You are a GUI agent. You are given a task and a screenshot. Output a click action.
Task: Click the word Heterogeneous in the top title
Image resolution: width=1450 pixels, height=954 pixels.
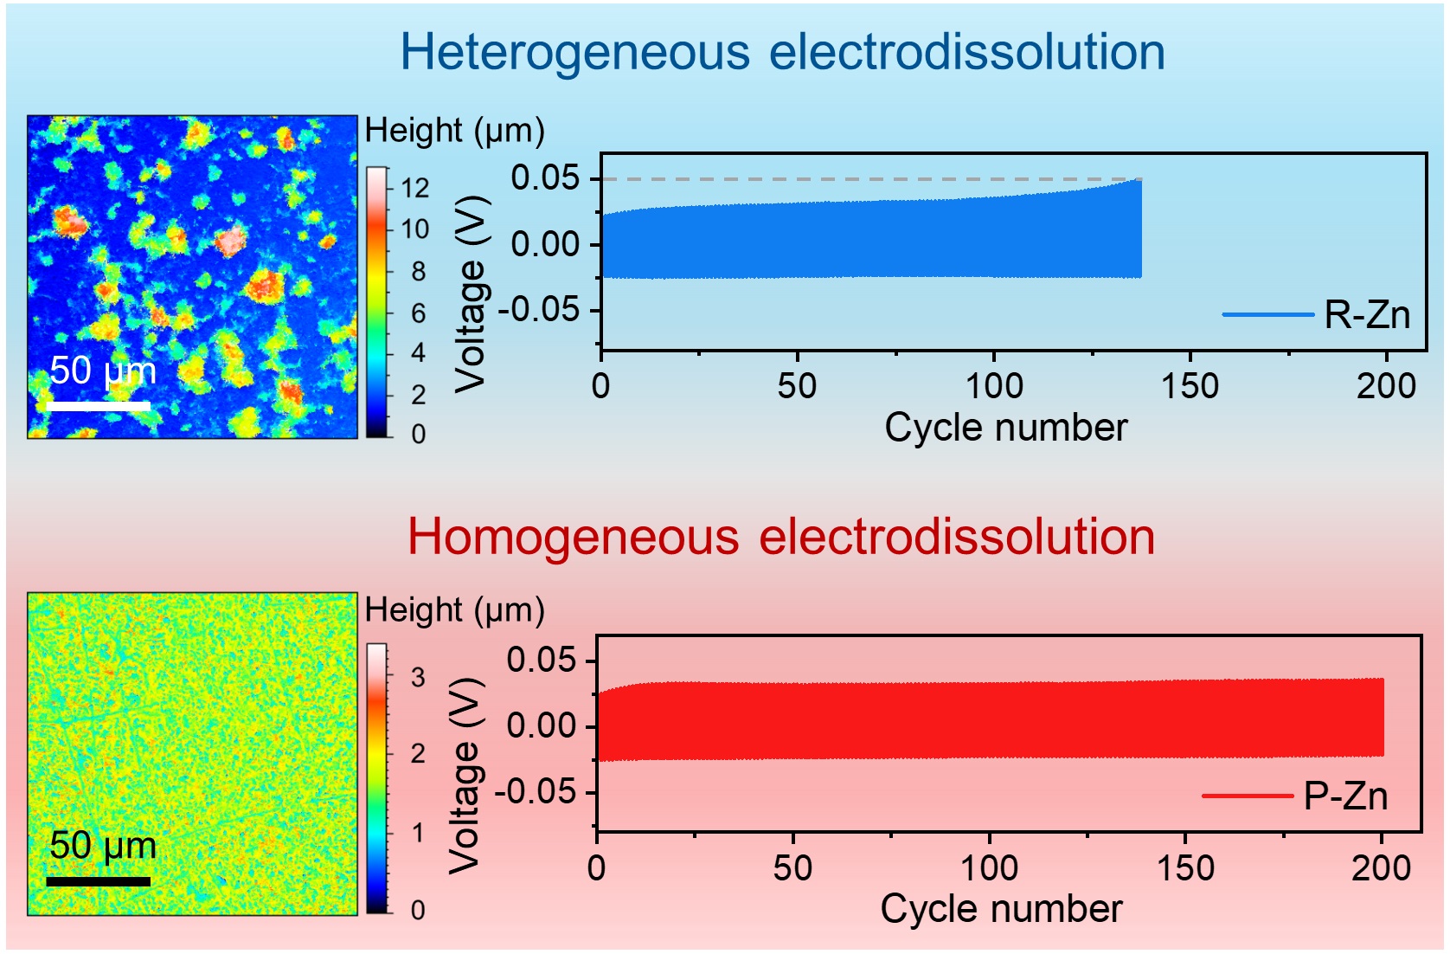coord(574,53)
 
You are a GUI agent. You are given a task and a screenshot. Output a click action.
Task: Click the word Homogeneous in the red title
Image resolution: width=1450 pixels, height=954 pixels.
coord(573,537)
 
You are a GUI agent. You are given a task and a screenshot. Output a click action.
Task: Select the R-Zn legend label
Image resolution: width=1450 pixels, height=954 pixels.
coord(1367,315)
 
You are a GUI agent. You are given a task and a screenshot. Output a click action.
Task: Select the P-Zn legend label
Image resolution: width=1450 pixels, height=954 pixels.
coord(1345,796)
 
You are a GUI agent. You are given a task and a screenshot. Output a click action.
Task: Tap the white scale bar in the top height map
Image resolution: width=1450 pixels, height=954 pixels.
coord(99,405)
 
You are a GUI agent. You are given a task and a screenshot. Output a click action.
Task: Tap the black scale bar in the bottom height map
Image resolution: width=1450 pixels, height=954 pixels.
coord(99,881)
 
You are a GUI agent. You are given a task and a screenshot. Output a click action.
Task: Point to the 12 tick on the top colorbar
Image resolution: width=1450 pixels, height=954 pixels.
coord(414,188)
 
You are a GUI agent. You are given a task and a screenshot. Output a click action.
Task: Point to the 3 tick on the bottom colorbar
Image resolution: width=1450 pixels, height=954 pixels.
coord(418,677)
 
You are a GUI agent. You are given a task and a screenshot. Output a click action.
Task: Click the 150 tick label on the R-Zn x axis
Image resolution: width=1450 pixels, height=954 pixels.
coord(1190,386)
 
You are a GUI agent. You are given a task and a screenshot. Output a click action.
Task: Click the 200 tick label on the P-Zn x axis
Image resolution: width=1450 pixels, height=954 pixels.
coord(1381,867)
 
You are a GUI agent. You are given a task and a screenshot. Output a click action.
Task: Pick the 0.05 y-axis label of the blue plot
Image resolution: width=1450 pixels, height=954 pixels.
coord(545,178)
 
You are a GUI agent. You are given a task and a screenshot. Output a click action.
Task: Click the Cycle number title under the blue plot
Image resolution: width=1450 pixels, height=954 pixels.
coord(1005,428)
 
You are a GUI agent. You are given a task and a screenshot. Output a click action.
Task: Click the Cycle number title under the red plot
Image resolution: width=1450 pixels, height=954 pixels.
coord(1001,909)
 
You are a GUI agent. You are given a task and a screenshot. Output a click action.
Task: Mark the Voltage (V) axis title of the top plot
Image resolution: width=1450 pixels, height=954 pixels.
coord(471,294)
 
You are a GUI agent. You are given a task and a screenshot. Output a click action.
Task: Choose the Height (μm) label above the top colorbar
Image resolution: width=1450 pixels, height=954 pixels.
coord(454,131)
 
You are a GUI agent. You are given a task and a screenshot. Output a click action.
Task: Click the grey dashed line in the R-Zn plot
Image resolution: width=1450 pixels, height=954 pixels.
coord(865,180)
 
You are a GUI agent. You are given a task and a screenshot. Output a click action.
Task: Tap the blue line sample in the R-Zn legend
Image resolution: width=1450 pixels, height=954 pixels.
coord(1267,315)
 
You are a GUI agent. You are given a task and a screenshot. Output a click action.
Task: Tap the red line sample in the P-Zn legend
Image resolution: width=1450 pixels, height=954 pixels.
coord(1247,796)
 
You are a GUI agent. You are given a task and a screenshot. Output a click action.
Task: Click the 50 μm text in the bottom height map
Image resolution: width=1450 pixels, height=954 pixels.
coord(103,846)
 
